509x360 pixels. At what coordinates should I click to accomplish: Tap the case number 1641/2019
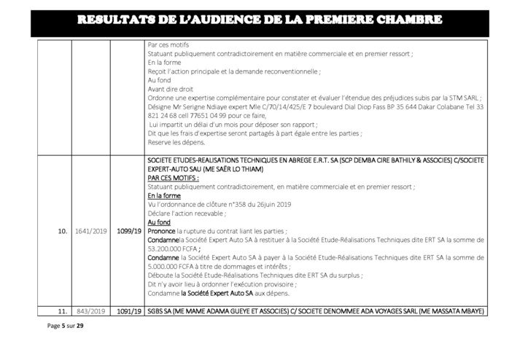90,231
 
